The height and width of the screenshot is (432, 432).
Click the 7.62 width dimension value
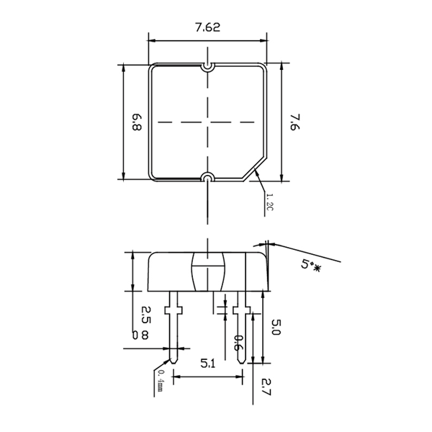[x=208, y=27]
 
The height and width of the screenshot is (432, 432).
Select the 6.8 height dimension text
[x=137, y=122]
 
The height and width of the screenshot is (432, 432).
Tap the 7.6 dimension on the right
[x=294, y=122]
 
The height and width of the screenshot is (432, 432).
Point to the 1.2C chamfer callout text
[x=269, y=202]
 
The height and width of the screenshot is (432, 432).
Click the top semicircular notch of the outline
[x=207, y=68]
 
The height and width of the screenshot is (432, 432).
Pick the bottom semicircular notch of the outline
[x=207, y=176]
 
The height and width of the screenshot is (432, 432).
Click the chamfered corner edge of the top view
[x=255, y=169]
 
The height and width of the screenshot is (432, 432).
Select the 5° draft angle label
[x=310, y=265]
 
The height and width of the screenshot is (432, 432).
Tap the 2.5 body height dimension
[x=146, y=315]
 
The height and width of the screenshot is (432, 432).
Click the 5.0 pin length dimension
[x=276, y=327]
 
